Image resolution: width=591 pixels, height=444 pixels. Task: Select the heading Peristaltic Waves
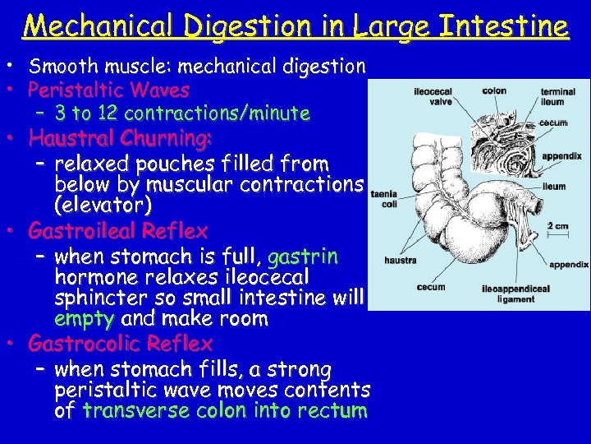(108, 90)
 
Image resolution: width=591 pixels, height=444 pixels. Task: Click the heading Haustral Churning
(120, 136)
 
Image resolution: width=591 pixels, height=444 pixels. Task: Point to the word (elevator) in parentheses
(103, 204)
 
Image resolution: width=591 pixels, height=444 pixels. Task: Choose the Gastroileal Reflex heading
(117, 230)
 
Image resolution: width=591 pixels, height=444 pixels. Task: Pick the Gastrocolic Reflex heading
(120, 343)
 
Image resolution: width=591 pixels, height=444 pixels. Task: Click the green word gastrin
(303, 256)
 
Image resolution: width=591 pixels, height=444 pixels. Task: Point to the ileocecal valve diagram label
(433, 97)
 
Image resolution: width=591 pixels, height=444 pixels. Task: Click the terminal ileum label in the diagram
(557, 97)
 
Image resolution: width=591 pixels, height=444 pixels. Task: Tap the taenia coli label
(384, 200)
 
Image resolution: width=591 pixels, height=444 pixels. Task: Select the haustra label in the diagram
(401, 260)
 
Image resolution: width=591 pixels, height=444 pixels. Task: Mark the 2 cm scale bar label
(558, 226)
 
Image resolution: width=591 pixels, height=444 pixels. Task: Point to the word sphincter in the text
(92, 298)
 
